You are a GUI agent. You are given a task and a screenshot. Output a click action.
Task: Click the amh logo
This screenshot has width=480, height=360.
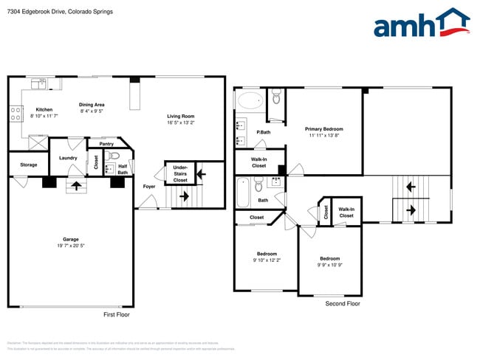coord(421,24)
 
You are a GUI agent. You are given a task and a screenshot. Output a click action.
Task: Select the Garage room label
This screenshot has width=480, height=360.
coord(70,239)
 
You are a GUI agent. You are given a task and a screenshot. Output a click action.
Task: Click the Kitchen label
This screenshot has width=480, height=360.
coord(44,110)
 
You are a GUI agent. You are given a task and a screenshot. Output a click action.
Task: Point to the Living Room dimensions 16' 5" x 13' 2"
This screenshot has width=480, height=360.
coord(179,122)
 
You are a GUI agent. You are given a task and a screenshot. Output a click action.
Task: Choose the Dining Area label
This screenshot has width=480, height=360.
coord(92,105)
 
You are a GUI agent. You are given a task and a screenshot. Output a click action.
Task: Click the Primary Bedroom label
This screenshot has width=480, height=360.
coord(324,129)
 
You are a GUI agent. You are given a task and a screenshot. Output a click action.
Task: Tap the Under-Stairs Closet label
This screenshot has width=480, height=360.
coord(180,174)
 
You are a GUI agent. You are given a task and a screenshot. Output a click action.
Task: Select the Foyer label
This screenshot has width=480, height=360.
coord(148,186)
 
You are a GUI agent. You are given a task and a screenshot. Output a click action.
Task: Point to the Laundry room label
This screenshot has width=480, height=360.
coord(69,157)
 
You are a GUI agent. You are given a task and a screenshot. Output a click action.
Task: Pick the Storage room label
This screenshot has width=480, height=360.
coord(28,165)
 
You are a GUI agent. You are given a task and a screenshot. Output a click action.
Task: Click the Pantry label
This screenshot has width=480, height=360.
coord(105,145)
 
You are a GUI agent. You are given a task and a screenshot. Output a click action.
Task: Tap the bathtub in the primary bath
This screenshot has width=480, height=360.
coord(250,101)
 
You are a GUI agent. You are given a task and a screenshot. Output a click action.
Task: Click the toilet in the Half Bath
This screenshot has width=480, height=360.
coord(114,156)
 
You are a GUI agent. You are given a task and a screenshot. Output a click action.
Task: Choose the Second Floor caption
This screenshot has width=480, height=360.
coord(343,303)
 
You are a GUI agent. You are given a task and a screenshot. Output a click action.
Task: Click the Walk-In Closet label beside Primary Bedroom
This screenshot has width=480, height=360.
coord(258,162)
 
